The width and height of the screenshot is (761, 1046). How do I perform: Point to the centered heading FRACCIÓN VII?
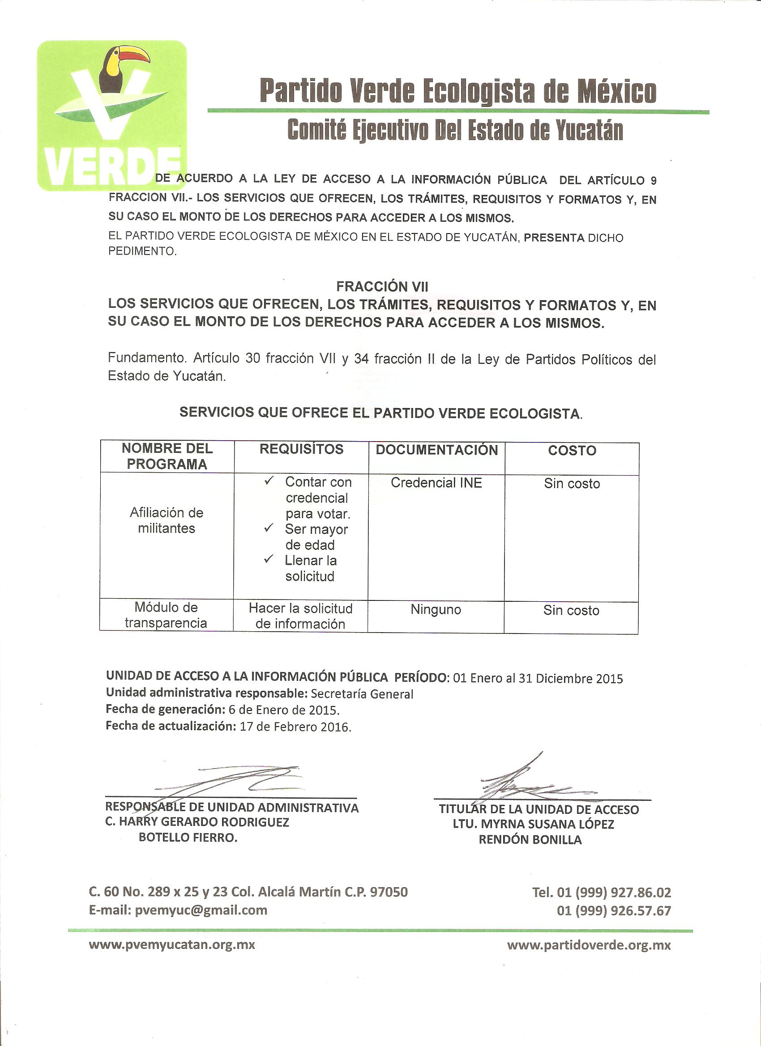(382, 287)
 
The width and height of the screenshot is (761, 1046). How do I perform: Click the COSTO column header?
(572, 451)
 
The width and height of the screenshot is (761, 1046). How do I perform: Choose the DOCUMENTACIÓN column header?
(436, 450)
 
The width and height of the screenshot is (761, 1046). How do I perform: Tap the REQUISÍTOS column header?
(301, 449)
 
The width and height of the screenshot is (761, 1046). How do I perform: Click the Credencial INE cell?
(436, 483)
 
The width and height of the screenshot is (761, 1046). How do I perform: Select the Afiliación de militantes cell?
(167, 520)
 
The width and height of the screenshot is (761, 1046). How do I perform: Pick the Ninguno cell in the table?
(436, 610)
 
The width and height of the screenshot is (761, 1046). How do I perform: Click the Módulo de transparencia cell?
(166, 615)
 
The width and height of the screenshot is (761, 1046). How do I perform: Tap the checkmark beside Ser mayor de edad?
(269, 527)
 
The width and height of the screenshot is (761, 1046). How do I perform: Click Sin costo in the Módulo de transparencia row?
(571, 611)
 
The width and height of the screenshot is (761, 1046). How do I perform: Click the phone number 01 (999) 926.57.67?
(614, 911)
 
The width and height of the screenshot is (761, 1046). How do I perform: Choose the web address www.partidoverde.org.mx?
(588, 945)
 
